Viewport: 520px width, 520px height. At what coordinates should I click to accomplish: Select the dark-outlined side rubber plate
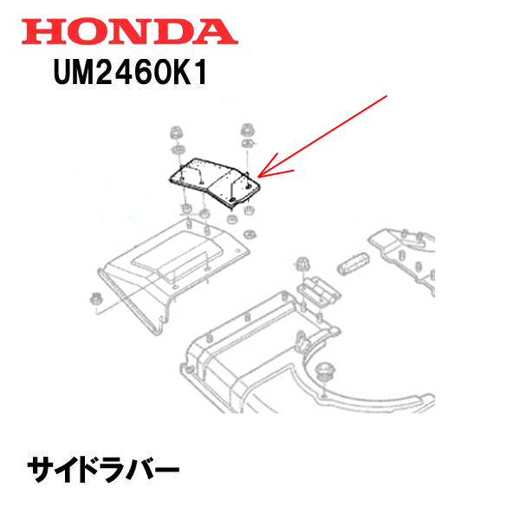211,179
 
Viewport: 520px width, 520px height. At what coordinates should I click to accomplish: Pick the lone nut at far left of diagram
94,300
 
